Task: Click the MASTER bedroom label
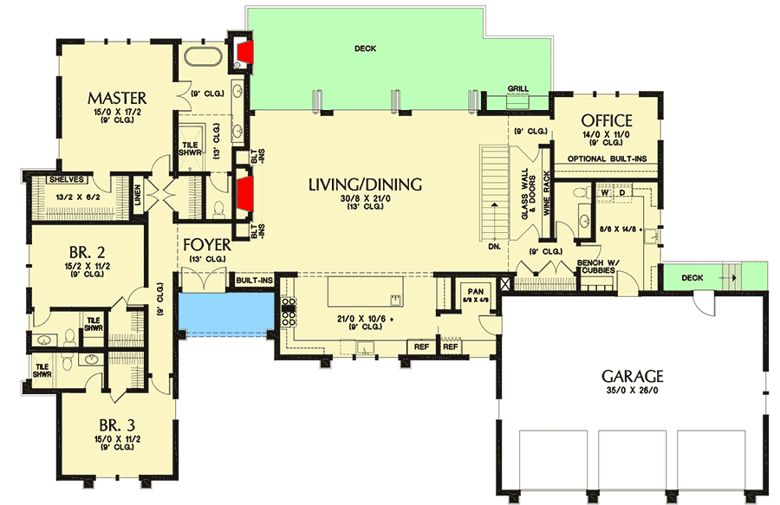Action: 116,97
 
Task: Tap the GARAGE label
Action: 634,376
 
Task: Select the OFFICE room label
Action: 606,120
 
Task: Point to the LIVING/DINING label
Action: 365,184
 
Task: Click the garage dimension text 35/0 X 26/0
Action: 634,392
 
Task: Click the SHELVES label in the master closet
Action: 65,180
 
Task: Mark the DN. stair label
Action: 495,245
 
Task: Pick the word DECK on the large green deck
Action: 365,49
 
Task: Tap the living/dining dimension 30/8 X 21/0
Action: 365,198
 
